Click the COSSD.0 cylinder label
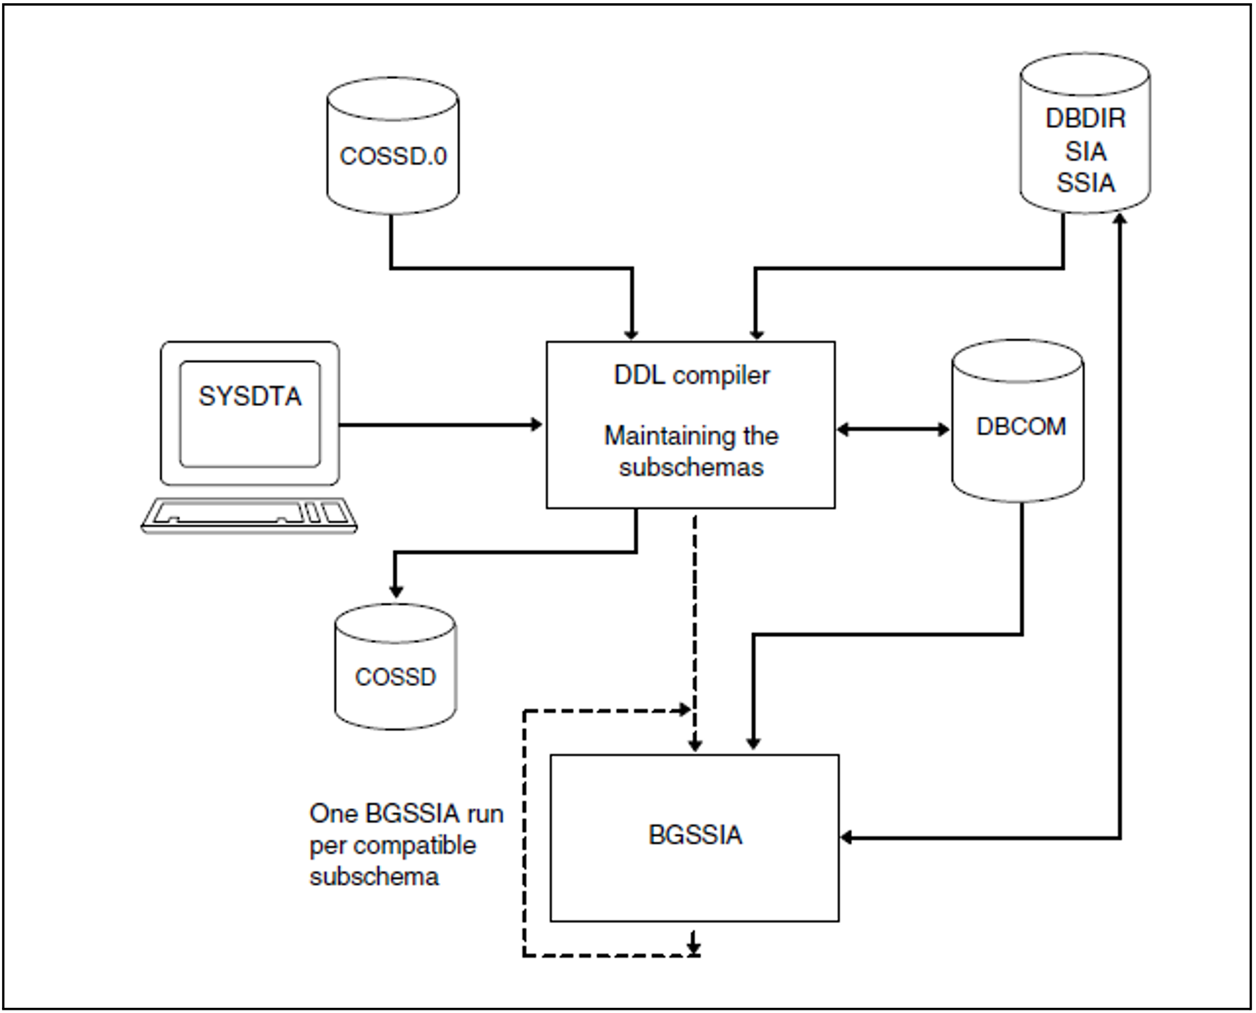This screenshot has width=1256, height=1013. pos(393,156)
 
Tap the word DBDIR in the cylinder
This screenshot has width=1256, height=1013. pos(1086,118)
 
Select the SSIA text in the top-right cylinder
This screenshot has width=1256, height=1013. pos(1086,182)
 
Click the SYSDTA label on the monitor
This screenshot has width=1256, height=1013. pos(250,396)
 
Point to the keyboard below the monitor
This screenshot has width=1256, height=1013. pos(249,516)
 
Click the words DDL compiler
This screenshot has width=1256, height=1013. pos(692,375)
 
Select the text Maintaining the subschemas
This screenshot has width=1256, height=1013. pos(691,451)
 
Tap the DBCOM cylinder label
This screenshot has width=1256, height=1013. pos(1021,426)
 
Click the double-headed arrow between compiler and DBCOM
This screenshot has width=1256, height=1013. pos(893,429)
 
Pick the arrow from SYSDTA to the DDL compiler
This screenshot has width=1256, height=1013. pos(441,425)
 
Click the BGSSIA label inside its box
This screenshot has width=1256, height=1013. pos(695,835)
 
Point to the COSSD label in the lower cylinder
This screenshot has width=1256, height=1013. pos(395,677)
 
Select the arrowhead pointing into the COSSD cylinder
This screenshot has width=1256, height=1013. pos(396,590)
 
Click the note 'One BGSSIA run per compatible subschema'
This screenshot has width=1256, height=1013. pos(406,845)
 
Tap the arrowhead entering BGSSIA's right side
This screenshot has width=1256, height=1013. pos(847,837)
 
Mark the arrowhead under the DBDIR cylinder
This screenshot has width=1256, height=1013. pos(1120,220)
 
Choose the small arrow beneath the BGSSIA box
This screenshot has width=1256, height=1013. pos(694,943)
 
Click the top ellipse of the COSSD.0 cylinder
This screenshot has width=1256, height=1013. pos(392,99)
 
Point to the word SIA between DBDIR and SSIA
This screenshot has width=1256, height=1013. pos(1086,151)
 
